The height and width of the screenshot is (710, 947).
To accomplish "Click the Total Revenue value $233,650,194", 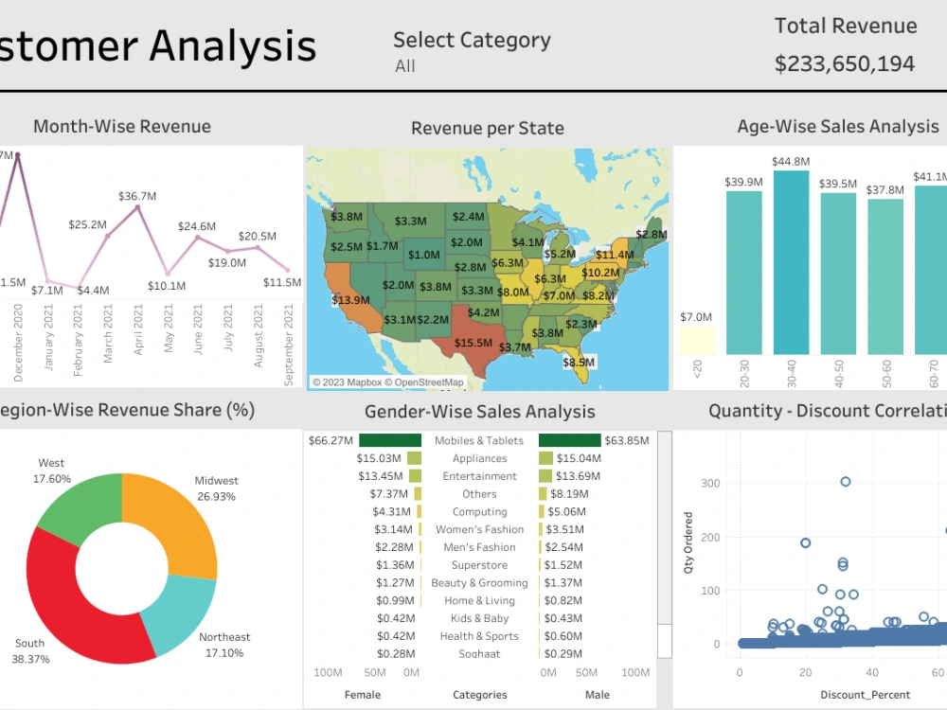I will pyautogui.click(x=845, y=64).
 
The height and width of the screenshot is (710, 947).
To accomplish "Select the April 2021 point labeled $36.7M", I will pyautogui.click(x=138, y=206).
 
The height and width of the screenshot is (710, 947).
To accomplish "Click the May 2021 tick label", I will pyautogui.click(x=169, y=333).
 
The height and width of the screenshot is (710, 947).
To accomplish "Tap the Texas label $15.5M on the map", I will pyautogui.click(x=473, y=343).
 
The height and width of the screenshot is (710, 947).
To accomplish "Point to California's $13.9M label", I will pyautogui.click(x=350, y=300).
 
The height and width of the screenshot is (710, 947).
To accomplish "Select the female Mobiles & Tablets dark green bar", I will pyautogui.click(x=390, y=440).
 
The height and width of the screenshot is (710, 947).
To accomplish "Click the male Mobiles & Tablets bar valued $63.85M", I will pyautogui.click(x=569, y=440).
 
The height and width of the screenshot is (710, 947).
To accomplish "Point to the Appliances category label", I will pyautogui.click(x=479, y=458).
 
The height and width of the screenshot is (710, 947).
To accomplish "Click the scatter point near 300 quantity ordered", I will pyautogui.click(x=845, y=482).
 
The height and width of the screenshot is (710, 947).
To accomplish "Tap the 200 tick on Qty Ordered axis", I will pyautogui.click(x=710, y=537).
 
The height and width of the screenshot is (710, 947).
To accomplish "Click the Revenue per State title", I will pyautogui.click(x=487, y=129).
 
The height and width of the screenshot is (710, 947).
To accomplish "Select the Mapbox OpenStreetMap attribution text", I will pyautogui.click(x=388, y=382).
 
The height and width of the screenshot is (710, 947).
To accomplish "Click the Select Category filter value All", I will pyautogui.click(x=405, y=66).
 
